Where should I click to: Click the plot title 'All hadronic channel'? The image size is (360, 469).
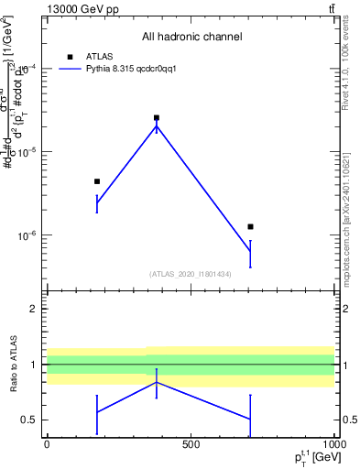pyautogui.click(x=191, y=37)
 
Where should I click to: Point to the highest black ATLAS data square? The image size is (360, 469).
pyautogui.click(x=157, y=117)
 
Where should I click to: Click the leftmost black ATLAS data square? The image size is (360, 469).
pyautogui.click(x=97, y=181)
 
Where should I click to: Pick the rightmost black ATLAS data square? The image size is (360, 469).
pyautogui.click(x=250, y=226)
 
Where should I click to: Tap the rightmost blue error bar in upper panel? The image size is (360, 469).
pyautogui.click(x=250, y=253)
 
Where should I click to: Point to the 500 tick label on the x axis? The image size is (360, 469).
pyautogui.click(x=191, y=444)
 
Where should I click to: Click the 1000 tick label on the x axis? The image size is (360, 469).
pyautogui.click(x=333, y=444)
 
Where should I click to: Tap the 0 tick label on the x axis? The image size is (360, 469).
pyautogui.click(x=47, y=444)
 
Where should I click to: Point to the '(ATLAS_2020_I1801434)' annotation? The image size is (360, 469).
pyautogui.click(x=191, y=274)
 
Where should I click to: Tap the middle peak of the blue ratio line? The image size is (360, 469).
pyautogui.click(x=157, y=382)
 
